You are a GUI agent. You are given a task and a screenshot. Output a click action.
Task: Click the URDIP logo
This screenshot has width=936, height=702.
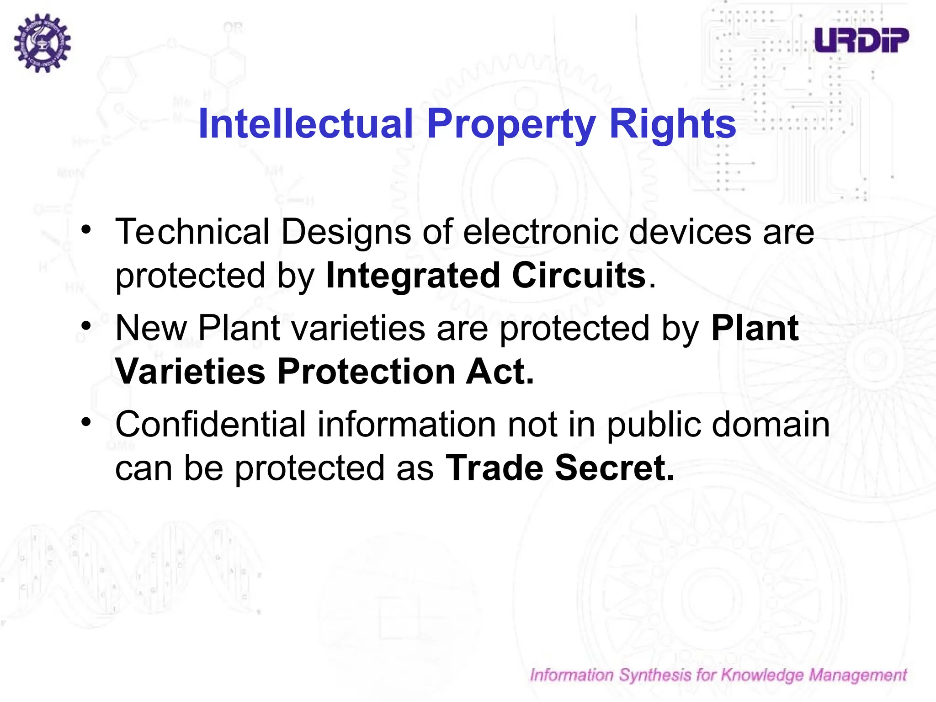(x=862, y=40)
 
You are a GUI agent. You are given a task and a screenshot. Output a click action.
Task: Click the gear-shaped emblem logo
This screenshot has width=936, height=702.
(x=42, y=43)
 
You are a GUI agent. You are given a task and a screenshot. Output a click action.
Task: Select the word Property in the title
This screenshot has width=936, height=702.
(x=511, y=124)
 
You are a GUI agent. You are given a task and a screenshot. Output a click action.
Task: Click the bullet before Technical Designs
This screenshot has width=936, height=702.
(x=86, y=229)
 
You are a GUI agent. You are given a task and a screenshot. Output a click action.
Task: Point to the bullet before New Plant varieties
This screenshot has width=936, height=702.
(x=86, y=326)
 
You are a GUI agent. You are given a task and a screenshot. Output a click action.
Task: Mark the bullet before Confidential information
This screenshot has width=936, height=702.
(x=86, y=422)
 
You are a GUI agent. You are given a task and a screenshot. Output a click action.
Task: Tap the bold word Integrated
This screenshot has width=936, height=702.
(x=413, y=276)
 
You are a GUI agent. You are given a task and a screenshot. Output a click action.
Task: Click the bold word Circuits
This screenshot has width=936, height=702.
(x=579, y=275)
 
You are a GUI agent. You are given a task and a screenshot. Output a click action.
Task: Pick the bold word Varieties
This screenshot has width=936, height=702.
(x=190, y=371)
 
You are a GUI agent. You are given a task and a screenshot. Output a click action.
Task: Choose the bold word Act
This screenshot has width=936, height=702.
(x=500, y=371)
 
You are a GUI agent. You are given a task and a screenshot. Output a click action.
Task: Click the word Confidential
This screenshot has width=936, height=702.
(x=210, y=424)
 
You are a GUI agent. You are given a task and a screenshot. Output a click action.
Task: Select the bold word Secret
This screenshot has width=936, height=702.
(x=614, y=468)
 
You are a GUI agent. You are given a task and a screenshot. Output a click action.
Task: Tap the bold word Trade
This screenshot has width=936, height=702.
(x=494, y=468)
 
